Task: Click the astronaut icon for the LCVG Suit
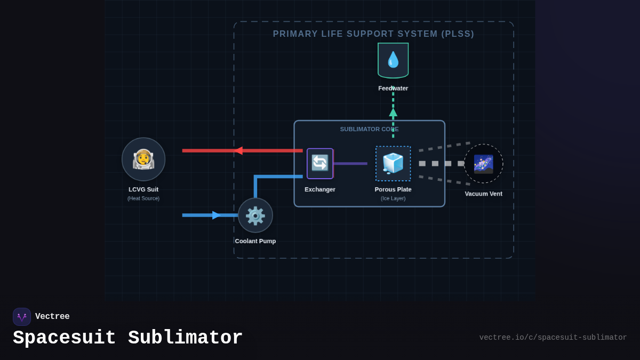pos(143,159)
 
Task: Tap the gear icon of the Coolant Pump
pos(255,215)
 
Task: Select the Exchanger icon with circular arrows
pos(320,163)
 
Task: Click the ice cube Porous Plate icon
pos(393,163)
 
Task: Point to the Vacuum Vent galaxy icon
pos(483,164)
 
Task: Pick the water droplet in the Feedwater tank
pos(393,60)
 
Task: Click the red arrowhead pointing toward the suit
pos(238,151)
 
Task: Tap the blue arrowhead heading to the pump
pos(216,215)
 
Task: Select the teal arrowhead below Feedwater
pos(393,113)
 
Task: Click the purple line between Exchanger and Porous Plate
pos(350,164)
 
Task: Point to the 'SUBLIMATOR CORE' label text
pos(369,129)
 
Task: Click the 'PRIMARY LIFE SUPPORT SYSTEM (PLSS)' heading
pos(373,34)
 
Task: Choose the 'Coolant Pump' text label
pos(255,241)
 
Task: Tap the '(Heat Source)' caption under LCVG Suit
pos(143,198)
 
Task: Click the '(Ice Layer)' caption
pos(393,198)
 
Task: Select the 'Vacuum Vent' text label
pos(483,194)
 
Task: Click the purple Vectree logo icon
pos(22,317)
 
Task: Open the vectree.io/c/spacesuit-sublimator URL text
pos(553,338)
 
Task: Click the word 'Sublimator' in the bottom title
pos(185,338)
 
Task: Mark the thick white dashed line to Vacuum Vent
pos(442,164)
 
